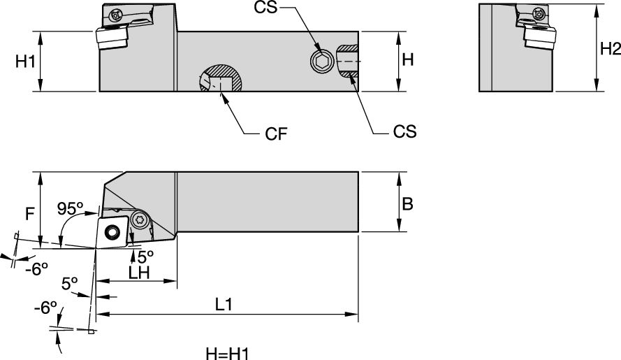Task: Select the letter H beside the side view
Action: pos(408,60)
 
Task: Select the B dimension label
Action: pos(408,203)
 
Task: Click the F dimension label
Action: pos(29,214)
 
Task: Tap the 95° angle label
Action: pos(70,208)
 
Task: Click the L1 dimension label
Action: pos(224,305)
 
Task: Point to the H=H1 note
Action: pos(225,352)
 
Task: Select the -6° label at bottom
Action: pos(44,309)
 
